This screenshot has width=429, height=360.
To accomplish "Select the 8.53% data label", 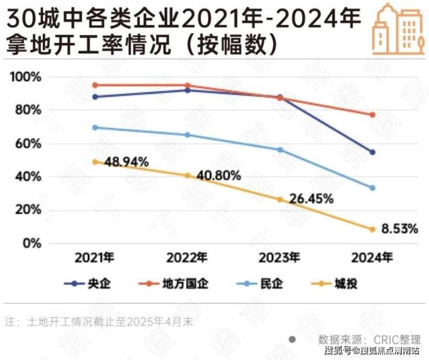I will [399, 229].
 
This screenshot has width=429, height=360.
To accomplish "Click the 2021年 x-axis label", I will [95, 257].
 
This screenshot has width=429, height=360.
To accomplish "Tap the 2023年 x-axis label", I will [280, 257].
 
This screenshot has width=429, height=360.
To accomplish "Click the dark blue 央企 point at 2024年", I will [372, 152].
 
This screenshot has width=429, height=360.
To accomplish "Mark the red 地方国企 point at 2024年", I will [372, 115].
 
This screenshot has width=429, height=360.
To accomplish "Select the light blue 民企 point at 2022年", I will [187, 135].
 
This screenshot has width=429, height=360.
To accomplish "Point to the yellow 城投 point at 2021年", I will [95, 162].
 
